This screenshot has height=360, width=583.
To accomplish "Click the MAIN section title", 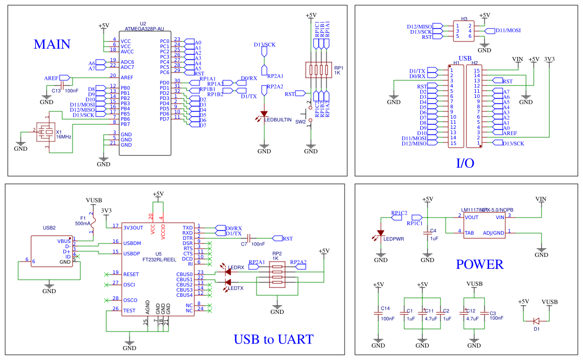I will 52,45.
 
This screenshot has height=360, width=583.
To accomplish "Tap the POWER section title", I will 479,265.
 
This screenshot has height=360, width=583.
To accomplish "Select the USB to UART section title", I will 273,340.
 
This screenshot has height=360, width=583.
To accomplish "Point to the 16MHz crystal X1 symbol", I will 46,133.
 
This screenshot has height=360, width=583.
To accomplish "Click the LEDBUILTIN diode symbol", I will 264,113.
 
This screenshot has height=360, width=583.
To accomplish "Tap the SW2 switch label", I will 300,122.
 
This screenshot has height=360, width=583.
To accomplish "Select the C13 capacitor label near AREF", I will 56,91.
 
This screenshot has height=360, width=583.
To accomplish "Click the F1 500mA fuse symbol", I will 93,224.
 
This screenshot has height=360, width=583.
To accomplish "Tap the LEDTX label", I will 236,289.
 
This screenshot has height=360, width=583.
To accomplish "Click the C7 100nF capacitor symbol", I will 248,238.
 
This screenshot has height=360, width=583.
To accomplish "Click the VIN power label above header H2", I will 517,59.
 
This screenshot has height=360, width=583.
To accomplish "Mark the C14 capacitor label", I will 385,308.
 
